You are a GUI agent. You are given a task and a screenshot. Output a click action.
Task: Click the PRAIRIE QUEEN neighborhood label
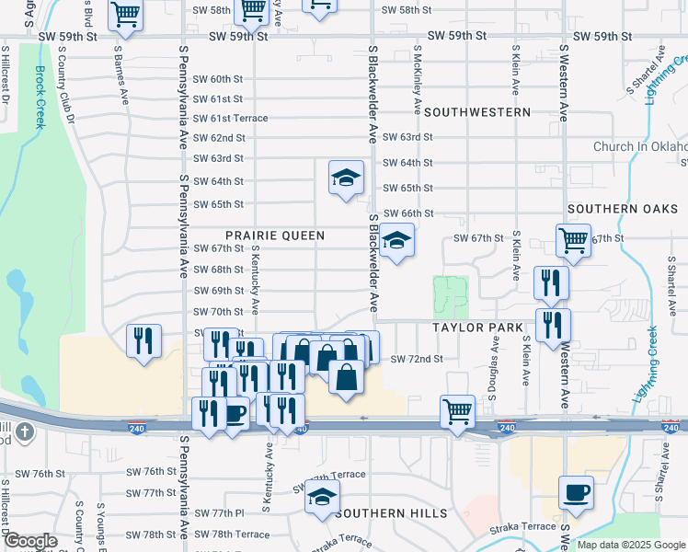click(275, 236)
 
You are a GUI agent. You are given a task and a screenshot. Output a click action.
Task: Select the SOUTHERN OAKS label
click(615, 209)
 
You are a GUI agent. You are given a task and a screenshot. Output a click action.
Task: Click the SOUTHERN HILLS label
click(392, 513)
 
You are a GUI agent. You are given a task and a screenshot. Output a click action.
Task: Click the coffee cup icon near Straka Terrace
click(576, 493)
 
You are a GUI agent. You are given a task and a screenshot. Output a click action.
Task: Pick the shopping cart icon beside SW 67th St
click(574, 241)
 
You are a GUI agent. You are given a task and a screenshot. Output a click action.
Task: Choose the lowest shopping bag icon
click(345, 377)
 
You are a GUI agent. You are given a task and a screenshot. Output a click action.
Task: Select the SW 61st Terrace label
click(230, 119)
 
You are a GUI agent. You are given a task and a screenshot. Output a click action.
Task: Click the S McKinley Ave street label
click(417, 82)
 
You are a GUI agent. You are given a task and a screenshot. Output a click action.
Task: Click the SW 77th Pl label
click(221, 512)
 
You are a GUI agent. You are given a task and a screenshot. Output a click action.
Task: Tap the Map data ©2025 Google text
click(630, 545)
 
